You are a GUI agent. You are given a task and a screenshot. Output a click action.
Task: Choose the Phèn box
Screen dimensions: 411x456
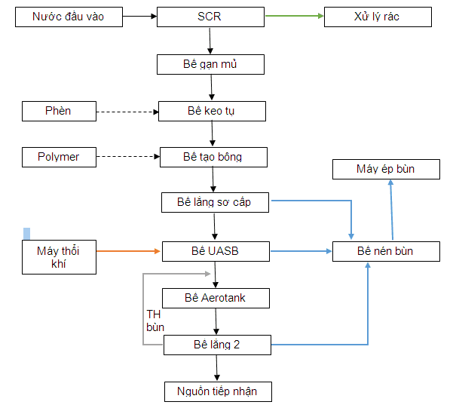click(59, 112)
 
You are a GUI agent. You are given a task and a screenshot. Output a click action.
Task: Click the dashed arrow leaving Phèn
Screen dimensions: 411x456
click(127, 112)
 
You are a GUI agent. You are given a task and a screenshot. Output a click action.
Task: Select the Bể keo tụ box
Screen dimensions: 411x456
click(212, 112)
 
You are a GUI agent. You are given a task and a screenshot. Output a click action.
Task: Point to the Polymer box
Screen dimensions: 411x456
click(59, 158)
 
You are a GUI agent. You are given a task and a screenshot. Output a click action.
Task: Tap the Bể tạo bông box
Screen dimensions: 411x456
click(214, 158)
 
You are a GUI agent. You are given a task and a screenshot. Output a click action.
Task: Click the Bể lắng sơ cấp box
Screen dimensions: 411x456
click(216, 202)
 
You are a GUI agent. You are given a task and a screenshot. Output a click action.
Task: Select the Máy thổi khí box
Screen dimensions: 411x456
click(59, 256)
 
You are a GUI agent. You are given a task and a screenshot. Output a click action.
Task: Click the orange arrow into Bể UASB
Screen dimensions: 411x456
click(128, 250)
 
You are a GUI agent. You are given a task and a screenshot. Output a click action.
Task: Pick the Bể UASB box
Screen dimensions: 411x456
click(216, 250)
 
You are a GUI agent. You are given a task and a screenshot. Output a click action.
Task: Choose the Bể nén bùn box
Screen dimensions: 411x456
click(386, 251)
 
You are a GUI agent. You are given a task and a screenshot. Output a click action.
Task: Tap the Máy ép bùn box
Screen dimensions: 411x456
click(385, 169)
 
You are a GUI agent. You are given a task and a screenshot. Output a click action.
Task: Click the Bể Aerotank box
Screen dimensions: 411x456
click(216, 298)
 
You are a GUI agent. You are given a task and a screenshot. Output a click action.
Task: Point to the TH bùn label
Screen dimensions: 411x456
click(155, 321)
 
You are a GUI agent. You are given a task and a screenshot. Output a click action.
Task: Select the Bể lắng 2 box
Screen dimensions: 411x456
click(217, 345)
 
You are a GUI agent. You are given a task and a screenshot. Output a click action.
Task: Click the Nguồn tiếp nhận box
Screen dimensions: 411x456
click(217, 391)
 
